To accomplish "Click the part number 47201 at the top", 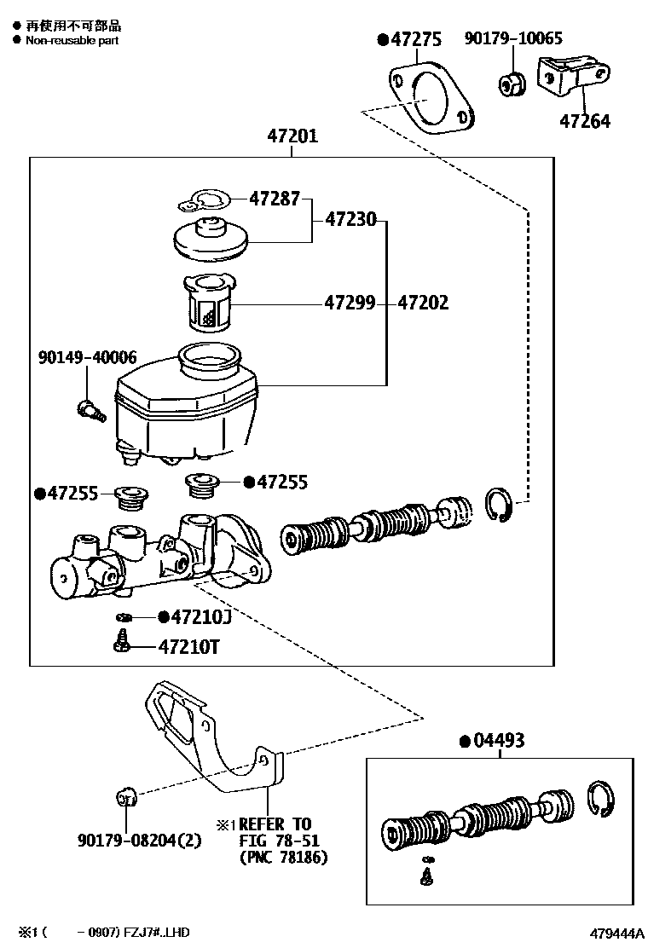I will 292,136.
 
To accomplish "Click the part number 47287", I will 275,199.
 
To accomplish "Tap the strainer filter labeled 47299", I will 208,302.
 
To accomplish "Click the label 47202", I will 423,303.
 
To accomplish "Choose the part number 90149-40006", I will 87,357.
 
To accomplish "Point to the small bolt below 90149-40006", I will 89,409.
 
